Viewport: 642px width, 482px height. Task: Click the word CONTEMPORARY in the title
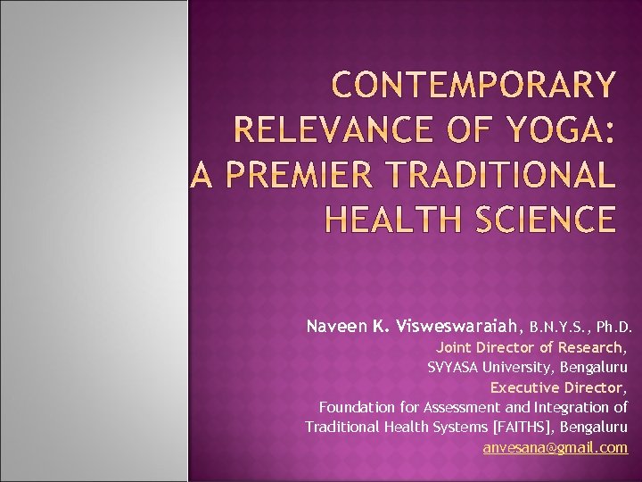pos(472,87)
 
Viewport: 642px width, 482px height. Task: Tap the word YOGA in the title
pos(550,130)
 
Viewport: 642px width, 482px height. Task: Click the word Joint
pos(454,347)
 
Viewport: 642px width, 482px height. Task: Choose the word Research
pos(593,347)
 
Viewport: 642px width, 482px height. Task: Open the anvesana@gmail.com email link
pos(555,447)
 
